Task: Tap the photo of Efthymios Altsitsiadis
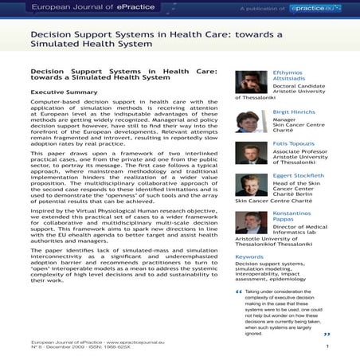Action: point(252,83)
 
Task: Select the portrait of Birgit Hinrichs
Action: point(252,122)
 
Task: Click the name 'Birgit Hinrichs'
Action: point(297,112)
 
